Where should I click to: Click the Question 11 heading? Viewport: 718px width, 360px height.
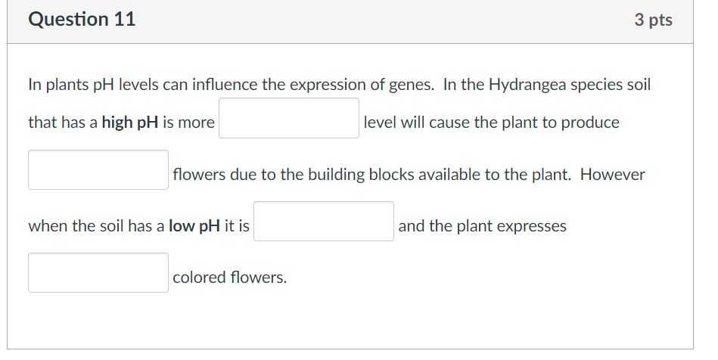(x=82, y=20)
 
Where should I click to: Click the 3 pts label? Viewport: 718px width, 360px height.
(x=653, y=20)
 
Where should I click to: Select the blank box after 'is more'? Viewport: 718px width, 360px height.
(x=289, y=119)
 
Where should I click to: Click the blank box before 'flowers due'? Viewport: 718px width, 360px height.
(x=98, y=170)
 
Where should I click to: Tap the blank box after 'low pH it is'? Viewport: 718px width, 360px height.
(x=323, y=222)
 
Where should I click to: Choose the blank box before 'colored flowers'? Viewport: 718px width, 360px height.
(x=98, y=273)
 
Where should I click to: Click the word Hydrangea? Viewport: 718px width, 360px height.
(x=525, y=85)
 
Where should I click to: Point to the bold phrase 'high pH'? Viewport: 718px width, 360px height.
(x=130, y=123)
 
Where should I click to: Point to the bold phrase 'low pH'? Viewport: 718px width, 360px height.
(x=194, y=226)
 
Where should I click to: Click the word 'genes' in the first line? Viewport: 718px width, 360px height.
(x=409, y=85)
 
